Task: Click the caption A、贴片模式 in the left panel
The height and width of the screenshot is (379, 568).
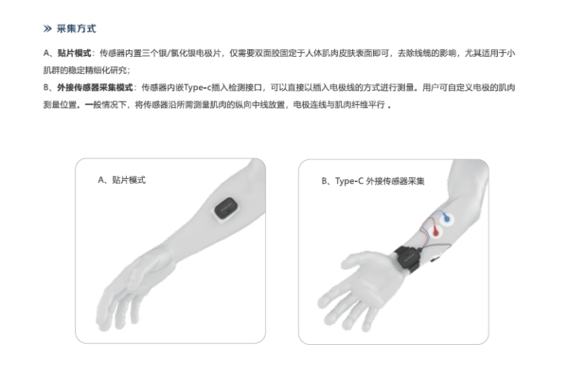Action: click(122, 178)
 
